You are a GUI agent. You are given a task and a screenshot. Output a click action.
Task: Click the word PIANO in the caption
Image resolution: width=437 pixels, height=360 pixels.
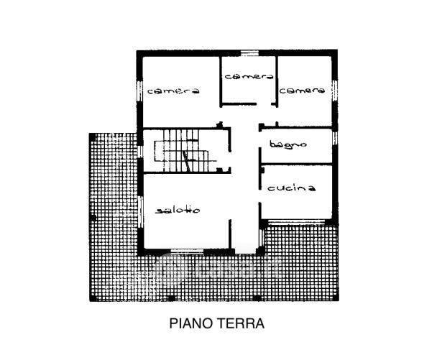coord(189,323)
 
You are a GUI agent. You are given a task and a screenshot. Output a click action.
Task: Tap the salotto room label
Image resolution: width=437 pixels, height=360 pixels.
coord(178,210)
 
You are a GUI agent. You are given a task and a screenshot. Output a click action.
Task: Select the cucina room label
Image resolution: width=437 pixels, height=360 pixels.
coord(292,188)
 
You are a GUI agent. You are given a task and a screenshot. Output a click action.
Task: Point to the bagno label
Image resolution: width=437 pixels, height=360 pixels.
coord(288,144)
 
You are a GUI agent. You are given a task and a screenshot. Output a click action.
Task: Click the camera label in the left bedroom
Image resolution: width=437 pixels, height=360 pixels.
coord(172,91)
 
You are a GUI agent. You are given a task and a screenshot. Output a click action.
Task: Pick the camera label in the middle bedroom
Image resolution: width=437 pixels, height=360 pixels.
coord(247,76)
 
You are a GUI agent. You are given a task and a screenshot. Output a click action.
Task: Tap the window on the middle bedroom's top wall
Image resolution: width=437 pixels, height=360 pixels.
coord(249,52)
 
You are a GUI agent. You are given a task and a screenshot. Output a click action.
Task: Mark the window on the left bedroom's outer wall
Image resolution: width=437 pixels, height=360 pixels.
coord(139,91)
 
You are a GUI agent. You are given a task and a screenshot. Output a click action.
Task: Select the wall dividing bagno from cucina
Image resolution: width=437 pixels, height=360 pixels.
coord(298,165)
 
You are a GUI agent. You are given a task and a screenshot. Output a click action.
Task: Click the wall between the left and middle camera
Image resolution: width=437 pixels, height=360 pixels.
coord(218,79)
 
